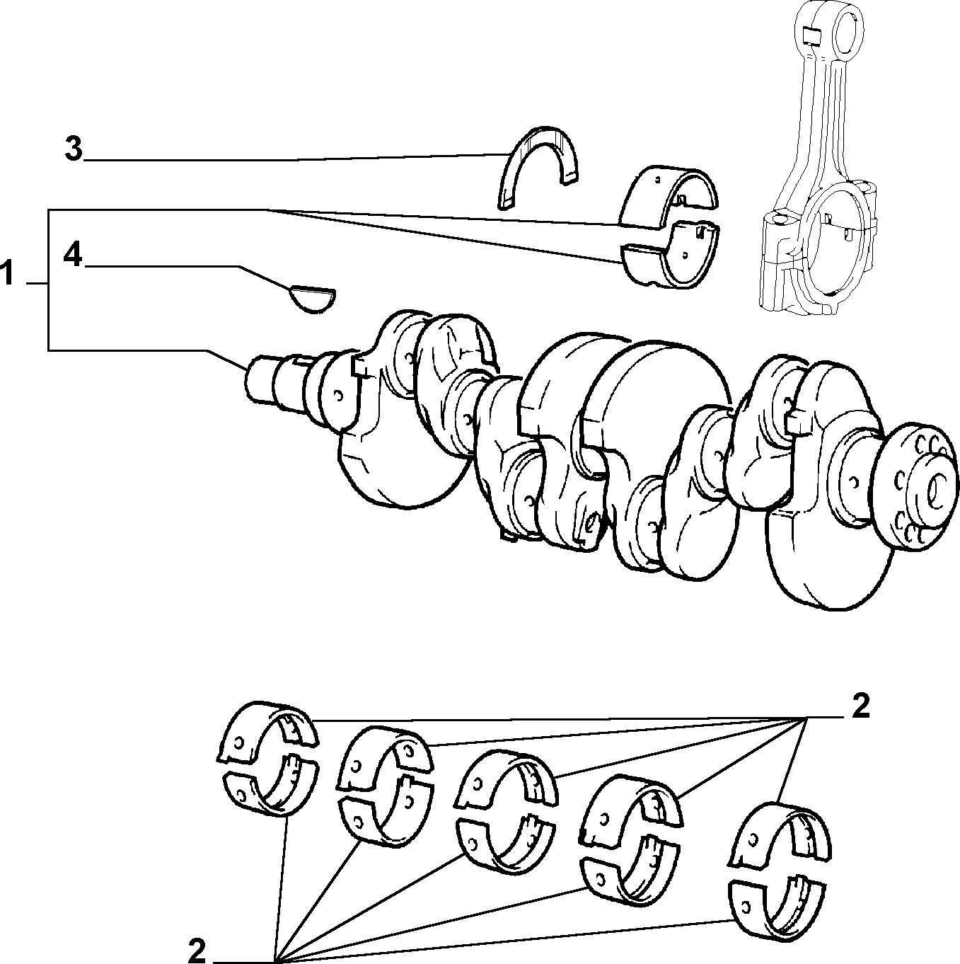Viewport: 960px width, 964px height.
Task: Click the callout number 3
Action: tap(74, 149)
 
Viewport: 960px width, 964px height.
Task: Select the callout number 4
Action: tap(73, 256)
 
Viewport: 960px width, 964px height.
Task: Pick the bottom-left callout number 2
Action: tap(197, 950)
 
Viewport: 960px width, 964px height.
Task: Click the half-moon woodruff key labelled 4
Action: tap(313, 299)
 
